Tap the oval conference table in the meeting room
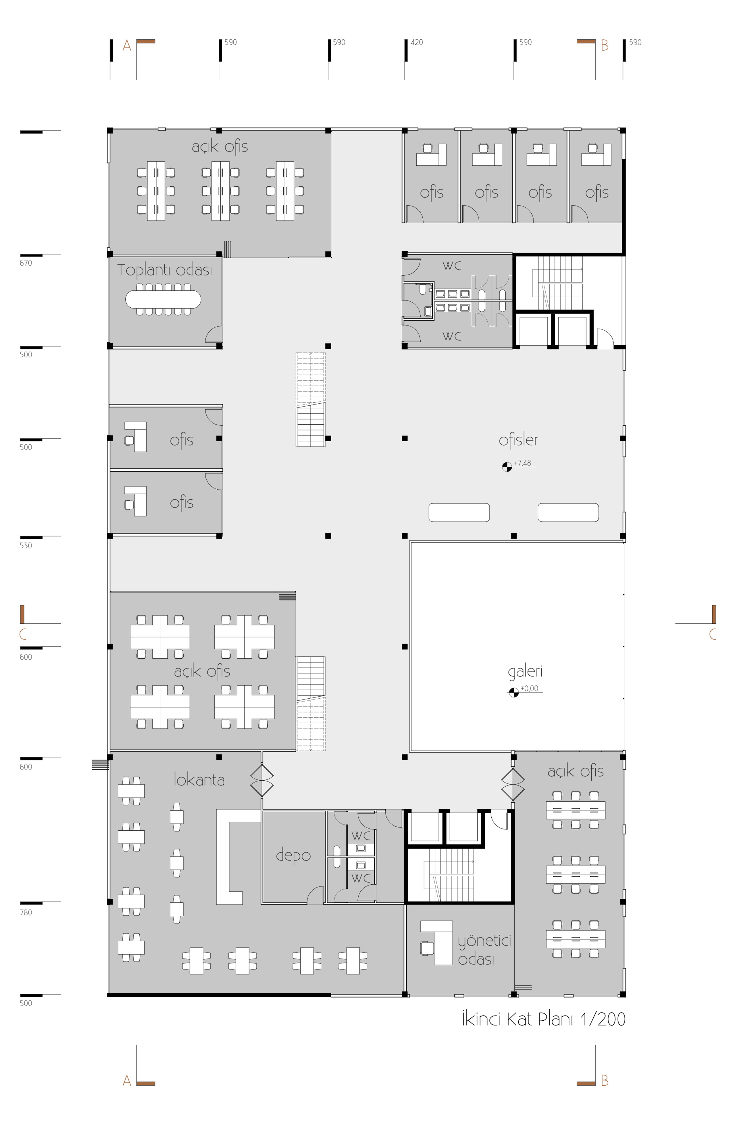coord(163,299)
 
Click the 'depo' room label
coord(293,854)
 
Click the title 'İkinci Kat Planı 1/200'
coord(543,1019)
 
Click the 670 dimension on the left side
coord(26,263)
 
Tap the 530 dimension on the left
coord(26,545)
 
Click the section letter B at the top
coord(605,46)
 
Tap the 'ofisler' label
coord(518,440)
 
